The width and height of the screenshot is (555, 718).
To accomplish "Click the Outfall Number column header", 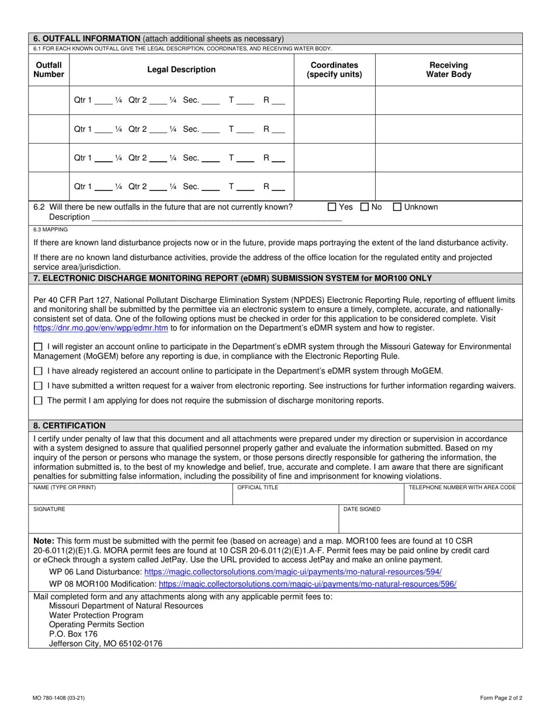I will [x=48, y=69].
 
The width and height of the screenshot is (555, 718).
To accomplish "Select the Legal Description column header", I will [x=181, y=69].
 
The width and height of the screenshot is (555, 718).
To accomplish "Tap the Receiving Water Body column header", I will [x=448, y=69].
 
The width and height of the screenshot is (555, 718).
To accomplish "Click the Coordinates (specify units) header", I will [x=334, y=69].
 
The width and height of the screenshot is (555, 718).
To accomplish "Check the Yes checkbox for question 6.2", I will [x=332, y=207].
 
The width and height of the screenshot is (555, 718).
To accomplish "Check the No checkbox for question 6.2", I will [x=365, y=207].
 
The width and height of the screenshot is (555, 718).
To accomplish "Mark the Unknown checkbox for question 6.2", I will [x=397, y=207].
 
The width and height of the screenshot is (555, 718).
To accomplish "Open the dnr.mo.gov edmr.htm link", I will [x=100, y=328].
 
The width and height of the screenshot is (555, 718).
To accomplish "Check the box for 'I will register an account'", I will [x=39, y=347].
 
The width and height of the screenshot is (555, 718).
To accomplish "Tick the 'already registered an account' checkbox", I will [x=39, y=371].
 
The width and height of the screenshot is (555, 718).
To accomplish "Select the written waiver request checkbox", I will [x=39, y=386].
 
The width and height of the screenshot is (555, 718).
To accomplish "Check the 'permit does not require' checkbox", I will [x=39, y=401].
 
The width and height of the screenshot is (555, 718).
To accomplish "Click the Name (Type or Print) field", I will [x=130, y=496].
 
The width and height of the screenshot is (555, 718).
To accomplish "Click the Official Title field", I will [x=318, y=496].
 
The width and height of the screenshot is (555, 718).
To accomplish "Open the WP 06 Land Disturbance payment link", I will [x=293, y=572].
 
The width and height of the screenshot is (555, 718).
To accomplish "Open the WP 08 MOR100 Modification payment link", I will [x=307, y=584].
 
